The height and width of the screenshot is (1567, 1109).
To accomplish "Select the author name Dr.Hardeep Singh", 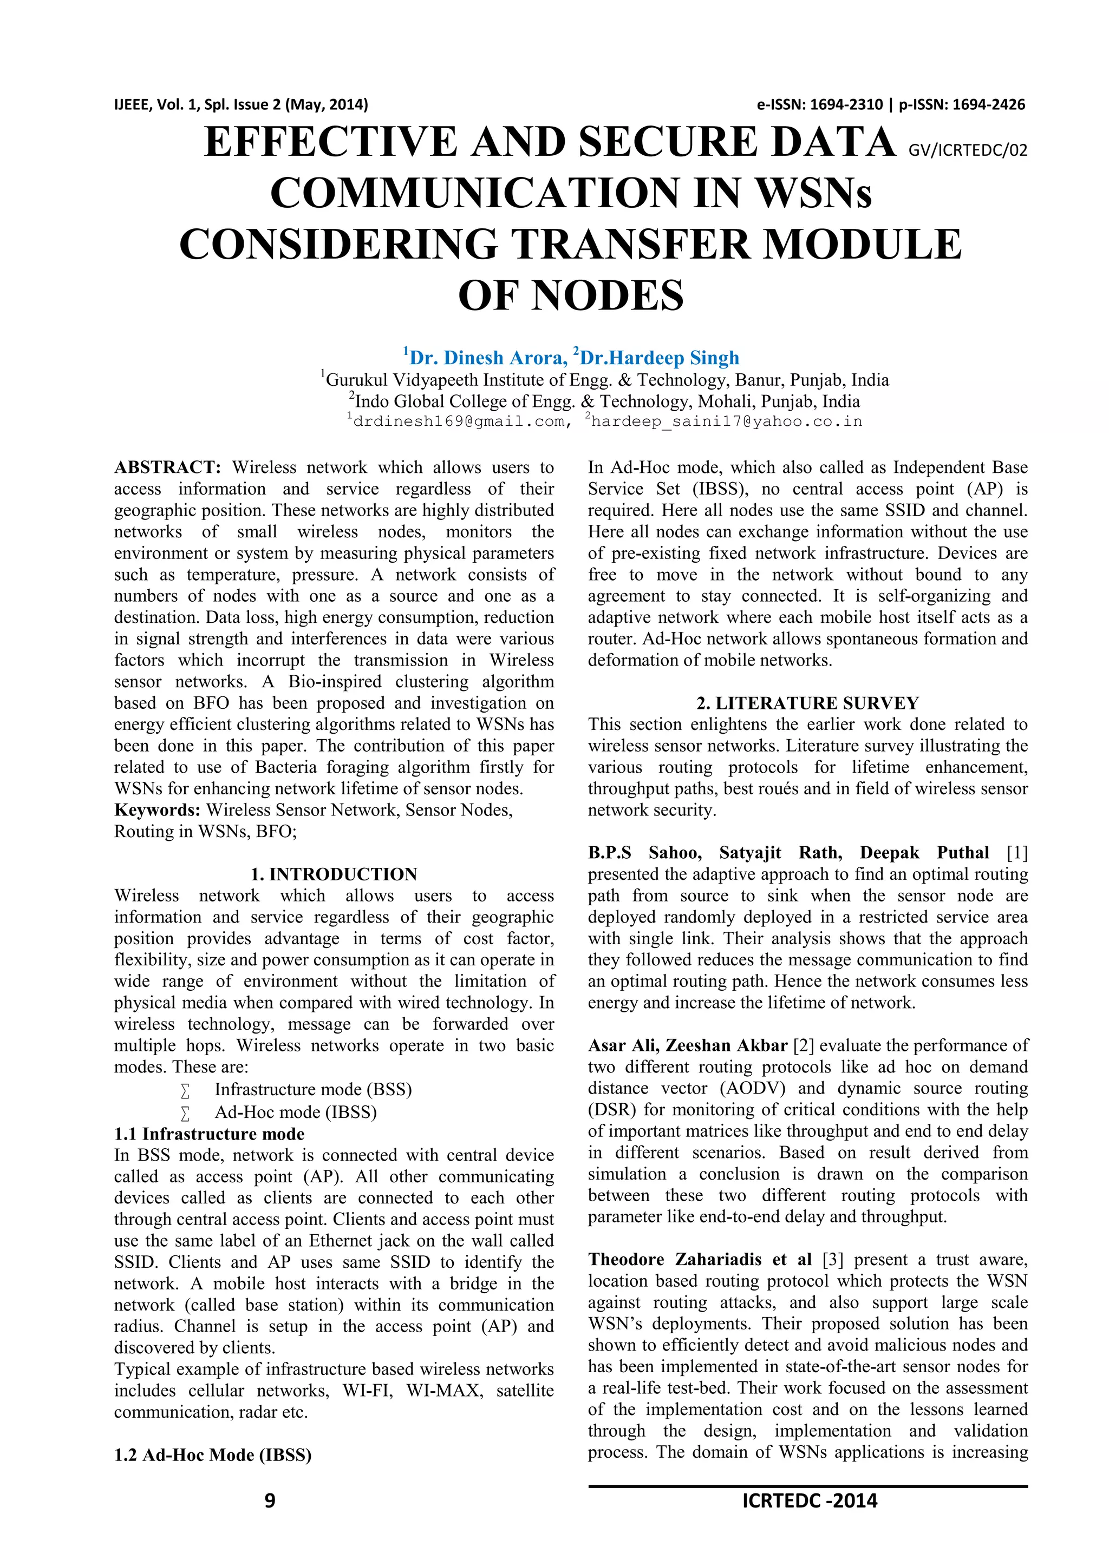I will (659, 358).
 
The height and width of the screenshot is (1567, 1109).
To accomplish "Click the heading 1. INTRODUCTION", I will (334, 874).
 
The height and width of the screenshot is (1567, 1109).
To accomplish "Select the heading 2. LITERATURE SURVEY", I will (807, 703).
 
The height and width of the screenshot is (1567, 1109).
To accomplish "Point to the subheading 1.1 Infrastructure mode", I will (210, 1134).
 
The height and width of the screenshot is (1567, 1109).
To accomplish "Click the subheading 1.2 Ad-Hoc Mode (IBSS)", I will (213, 1455).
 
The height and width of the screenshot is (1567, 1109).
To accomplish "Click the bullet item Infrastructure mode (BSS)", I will (313, 1089).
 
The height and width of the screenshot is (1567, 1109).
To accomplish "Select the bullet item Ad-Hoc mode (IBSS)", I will (296, 1112).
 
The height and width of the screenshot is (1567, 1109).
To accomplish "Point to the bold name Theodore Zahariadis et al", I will (700, 1259).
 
